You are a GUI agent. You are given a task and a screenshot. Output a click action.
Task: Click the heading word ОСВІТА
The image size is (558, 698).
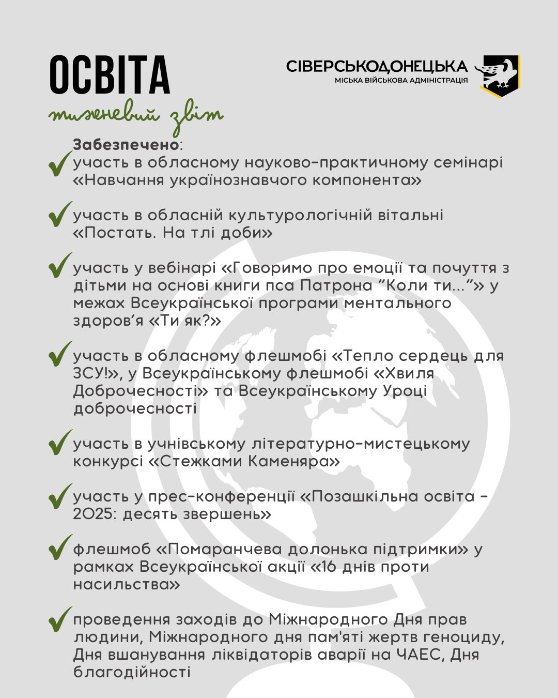(110, 75)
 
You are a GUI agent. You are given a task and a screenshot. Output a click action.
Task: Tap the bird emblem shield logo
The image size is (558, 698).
(499, 75)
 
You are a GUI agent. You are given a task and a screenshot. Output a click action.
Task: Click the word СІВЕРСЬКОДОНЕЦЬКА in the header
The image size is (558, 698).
(377, 67)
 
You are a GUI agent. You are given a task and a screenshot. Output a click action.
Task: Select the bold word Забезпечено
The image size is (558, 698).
(126, 145)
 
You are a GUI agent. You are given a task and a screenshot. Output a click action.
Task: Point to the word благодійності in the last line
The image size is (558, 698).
(132, 672)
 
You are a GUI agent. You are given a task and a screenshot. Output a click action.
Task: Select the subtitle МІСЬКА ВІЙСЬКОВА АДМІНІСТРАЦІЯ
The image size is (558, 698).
(401, 81)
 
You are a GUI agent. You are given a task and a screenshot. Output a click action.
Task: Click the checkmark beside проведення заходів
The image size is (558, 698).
(59, 618)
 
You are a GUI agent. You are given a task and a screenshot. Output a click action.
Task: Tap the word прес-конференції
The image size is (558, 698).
(221, 497)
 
